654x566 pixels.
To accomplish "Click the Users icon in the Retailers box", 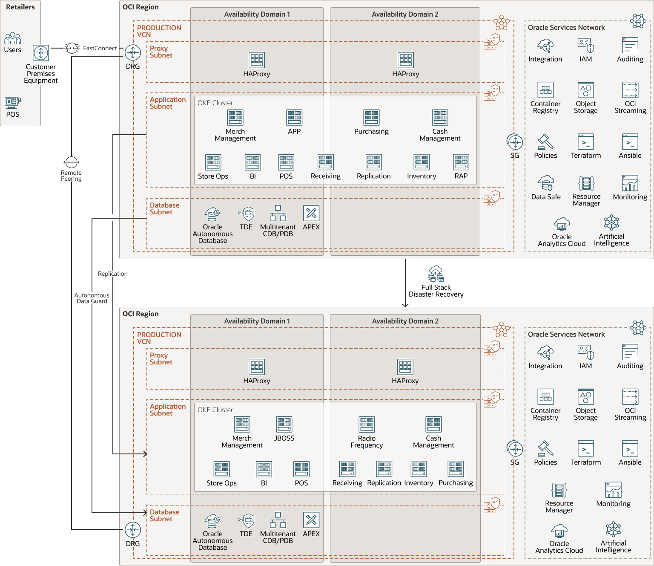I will [x=13, y=38].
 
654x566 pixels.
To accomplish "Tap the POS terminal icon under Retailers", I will [x=13, y=102].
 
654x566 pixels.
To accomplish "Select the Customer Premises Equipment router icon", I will [x=41, y=53].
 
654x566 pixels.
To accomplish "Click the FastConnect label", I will [x=100, y=48].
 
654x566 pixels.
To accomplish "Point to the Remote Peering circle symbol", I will [x=72, y=162].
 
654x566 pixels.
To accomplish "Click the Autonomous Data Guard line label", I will [x=92, y=298].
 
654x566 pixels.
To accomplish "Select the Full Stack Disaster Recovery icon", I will [x=436, y=274].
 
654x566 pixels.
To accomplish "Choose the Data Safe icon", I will [x=546, y=183].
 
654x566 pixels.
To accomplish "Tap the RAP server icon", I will [x=461, y=162].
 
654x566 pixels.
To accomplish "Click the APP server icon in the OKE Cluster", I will [x=294, y=118].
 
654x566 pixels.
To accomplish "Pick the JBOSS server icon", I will [x=284, y=424].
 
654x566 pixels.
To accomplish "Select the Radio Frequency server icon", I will [x=367, y=424].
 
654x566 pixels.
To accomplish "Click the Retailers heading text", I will [x=20, y=7].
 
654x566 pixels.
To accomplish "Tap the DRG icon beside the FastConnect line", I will [x=133, y=53].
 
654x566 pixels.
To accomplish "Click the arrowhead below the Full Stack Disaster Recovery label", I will [x=405, y=305].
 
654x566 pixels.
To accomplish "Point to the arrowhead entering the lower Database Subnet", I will [x=145, y=513].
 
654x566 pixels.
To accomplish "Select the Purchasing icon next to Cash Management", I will [x=371, y=118].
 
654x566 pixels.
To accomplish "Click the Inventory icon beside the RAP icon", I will [x=422, y=162].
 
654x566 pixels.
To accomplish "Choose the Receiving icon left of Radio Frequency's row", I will [x=347, y=469].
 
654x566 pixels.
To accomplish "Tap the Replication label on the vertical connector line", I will [x=113, y=274].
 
